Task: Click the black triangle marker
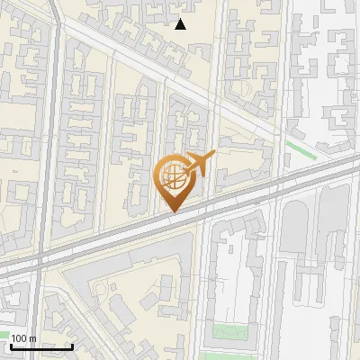pyautogui.click(x=181, y=24)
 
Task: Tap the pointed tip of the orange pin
pyautogui.click(x=175, y=211)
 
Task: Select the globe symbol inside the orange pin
pyautogui.click(x=174, y=177)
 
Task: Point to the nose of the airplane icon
pyautogui.click(x=212, y=156)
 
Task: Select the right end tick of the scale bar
pyautogui.click(x=72, y=345)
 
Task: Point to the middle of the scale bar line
pyautogui.click(x=40, y=346)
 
